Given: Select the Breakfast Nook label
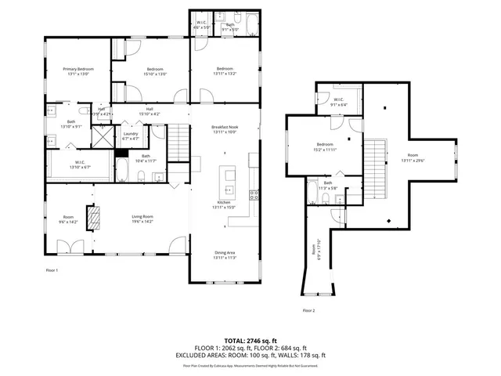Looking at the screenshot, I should click(x=224, y=128).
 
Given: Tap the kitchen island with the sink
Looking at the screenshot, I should click(x=229, y=183).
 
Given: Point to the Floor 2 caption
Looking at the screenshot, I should click(x=309, y=311).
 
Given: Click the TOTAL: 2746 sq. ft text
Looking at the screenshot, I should click(x=250, y=341).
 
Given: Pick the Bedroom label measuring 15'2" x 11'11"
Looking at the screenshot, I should click(x=326, y=146).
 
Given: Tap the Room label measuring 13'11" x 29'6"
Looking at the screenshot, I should click(x=413, y=157).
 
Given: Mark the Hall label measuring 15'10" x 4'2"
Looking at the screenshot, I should click(x=149, y=112).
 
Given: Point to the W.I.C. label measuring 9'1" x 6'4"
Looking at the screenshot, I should click(x=339, y=102).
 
